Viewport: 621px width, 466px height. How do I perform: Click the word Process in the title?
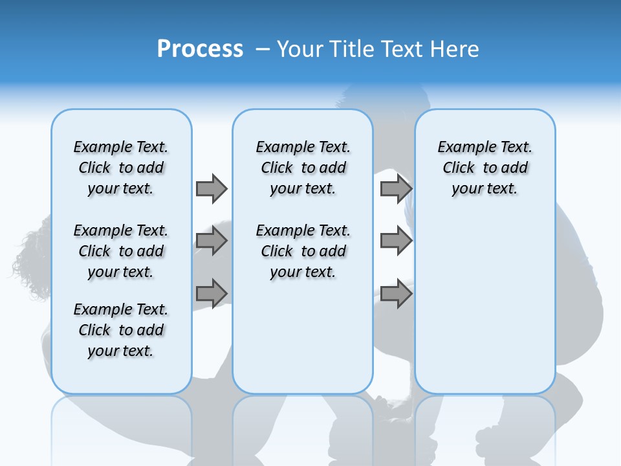pyautogui.click(x=200, y=49)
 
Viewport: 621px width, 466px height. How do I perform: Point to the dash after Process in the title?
pyautogui.click(x=263, y=50)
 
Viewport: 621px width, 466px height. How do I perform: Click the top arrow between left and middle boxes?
pyautogui.click(x=212, y=188)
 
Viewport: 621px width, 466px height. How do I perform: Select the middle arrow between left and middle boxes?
pyautogui.click(x=212, y=241)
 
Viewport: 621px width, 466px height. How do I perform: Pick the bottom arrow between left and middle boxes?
pyautogui.click(x=212, y=293)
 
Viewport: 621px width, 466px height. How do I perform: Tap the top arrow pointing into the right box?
pyautogui.click(x=396, y=188)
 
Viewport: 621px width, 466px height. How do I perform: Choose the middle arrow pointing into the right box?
pyautogui.click(x=396, y=241)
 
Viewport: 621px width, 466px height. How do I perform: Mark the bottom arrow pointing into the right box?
pyautogui.click(x=396, y=293)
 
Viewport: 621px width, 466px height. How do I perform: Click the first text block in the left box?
pyautogui.click(x=121, y=168)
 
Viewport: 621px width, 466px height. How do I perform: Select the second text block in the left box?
pyautogui.click(x=121, y=251)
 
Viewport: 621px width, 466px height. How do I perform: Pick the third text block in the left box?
pyautogui.click(x=121, y=330)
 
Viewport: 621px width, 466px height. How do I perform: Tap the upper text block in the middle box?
pyautogui.click(x=303, y=168)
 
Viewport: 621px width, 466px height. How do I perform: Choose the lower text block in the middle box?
pyautogui.click(x=303, y=251)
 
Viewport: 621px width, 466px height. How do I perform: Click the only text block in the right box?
pyautogui.click(x=485, y=168)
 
